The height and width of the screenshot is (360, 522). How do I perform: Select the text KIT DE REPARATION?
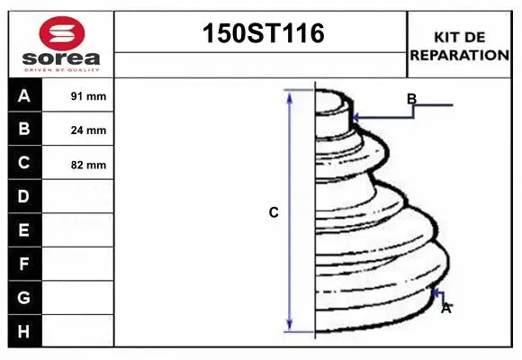460,45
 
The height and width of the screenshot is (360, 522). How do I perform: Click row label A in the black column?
24,95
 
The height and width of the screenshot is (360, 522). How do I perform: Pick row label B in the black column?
24,129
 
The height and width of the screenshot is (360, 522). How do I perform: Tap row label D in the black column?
24,196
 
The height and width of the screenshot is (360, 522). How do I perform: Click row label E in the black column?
24,230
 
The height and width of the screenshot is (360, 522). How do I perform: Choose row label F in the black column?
24,264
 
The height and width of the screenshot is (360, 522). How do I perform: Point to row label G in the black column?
24,297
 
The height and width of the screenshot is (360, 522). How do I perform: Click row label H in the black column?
24,331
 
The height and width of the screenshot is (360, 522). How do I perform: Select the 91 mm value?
88,96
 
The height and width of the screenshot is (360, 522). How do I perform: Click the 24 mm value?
88,130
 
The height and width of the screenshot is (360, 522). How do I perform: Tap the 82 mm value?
88,165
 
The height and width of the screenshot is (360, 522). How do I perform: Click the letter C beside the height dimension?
274,213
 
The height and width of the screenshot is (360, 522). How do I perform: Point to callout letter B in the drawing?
411,99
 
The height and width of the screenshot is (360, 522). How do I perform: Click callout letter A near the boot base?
445,308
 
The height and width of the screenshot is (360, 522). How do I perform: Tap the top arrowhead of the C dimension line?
290,94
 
